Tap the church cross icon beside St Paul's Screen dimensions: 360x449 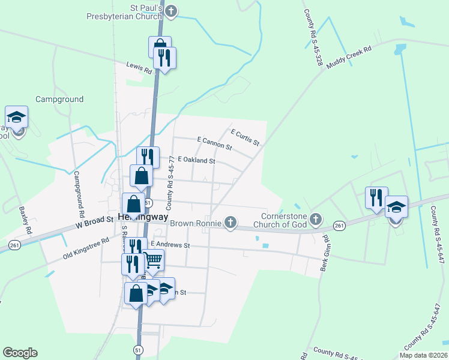pyautogui.click(x=171, y=11)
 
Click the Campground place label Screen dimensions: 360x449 pyautogui.click(x=59, y=99)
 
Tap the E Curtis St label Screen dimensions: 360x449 pyautogui.click(x=245, y=137)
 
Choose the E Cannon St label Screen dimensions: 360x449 pyautogui.click(x=214, y=143)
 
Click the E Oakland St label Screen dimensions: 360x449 pyautogui.click(x=196, y=160)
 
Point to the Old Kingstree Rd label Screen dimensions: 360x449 pyautogui.click(x=86, y=248)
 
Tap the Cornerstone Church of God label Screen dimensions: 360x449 pyautogui.click(x=284, y=220)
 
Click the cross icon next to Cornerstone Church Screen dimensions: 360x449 pyautogui.click(x=316, y=220)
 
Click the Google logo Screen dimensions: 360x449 pyautogui.click(x=20, y=353)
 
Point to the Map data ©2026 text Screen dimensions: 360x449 pyautogui.click(x=423, y=355)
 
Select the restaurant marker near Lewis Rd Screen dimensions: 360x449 pyautogui.click(x=163, y=58)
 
